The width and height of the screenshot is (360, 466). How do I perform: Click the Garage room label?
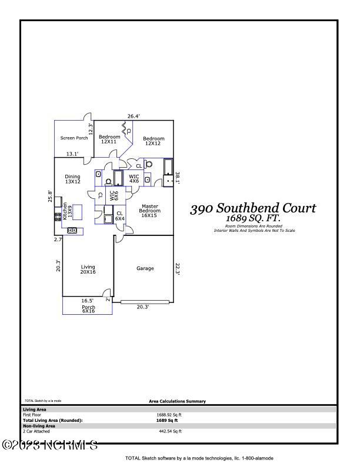click(145, 268)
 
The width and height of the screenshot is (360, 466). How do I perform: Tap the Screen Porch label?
click(74, 138)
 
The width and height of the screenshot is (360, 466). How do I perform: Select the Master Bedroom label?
click(149, 211)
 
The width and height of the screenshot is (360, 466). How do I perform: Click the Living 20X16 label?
click(88, 270)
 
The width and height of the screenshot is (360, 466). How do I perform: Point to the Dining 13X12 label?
click(72, 179)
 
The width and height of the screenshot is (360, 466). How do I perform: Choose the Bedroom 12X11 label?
click(109, 139)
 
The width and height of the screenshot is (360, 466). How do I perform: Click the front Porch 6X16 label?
click(88, 308)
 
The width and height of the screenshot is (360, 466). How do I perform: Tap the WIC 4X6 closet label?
click(134, 178)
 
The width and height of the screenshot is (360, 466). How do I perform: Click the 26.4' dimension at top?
click(134, 116)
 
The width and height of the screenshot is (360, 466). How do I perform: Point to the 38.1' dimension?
click(177, 177)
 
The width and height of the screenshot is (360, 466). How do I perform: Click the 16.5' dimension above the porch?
click(87, 301)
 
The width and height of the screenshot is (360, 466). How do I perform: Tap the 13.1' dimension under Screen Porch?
click(72, 154)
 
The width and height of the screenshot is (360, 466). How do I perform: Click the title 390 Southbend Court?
click(253, 208)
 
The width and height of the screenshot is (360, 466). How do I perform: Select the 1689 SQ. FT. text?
click(254, 218)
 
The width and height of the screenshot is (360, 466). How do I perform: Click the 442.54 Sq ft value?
click(171, 431)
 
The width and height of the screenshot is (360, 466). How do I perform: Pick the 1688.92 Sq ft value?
click(167, 415)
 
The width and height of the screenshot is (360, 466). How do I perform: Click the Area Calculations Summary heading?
click(177, 402)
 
